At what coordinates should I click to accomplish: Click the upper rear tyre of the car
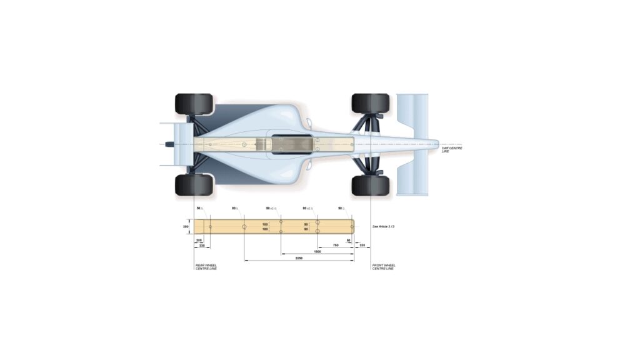[194, 104]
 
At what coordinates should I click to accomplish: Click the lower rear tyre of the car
[194, 185]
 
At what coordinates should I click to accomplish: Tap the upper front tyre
[371, 104]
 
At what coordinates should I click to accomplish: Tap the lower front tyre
[371, 185]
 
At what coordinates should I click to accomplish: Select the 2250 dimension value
[299, 257]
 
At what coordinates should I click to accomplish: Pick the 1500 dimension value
[317, 251]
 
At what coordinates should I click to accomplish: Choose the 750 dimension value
[336, 246]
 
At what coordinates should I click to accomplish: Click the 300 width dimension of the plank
[186, 227]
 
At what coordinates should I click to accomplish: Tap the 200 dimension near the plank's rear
[199, 240]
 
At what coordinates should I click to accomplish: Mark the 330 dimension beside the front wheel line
[362, 246]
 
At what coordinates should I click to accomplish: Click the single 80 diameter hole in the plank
[244, 226]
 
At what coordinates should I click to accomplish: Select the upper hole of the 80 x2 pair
[317, 222]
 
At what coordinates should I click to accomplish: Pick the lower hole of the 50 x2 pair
[281, 231]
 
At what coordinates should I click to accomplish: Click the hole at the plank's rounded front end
[352, 226]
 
